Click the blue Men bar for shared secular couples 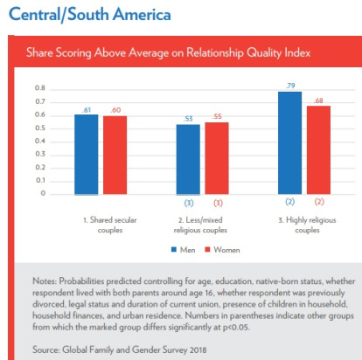[87, 155]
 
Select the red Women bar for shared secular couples [115, 155]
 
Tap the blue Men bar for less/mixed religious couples [188, 160]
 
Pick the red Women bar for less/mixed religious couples [217, 158]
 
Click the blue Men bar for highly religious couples [290, 143]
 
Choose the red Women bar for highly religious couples [318, 150]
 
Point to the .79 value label [290, 86]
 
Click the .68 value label [318, 100]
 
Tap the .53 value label [188, 119]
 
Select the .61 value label [87, 110]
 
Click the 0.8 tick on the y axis [40, 88]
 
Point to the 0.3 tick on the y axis [40, 154]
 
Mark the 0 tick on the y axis [43, 193]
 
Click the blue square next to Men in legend [174, 250]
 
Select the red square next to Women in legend [207, 250]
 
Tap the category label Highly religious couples [307, 225]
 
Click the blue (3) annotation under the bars [189, 203]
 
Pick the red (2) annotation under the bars [319, 202]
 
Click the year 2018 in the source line [198, 350]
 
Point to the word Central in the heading [34, 14]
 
